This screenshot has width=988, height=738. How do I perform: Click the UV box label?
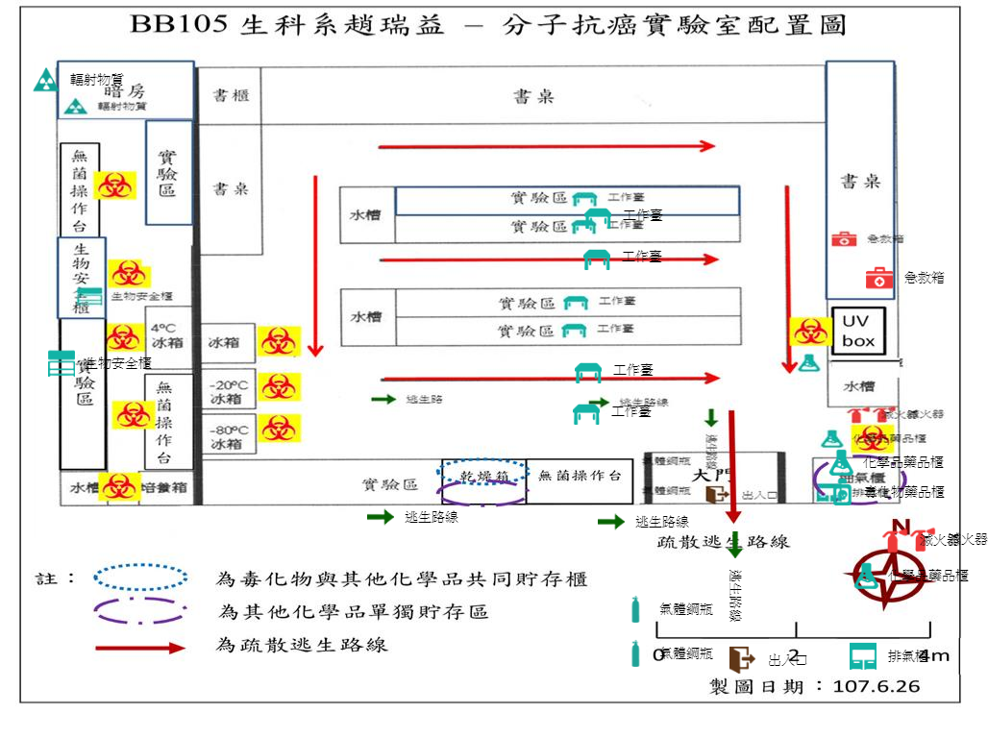click(x=856, y=332)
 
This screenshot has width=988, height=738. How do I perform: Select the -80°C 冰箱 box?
click(x=228, y=437)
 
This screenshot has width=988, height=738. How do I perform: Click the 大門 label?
click(x=712, y=475)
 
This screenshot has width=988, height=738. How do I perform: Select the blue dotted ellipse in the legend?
click(x=140, y=577)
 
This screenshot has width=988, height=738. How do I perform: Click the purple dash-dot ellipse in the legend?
click(x=140, y=611)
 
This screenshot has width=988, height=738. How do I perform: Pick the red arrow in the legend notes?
click(x=140, y=648)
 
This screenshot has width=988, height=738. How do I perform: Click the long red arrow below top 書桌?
click(x=547, y=146)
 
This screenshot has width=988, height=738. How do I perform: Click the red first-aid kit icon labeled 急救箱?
click(x=879, y=279)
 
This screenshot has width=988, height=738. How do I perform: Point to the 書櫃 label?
click(x=232, y=96)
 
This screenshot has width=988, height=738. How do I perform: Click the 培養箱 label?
click(x=165, y=488)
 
